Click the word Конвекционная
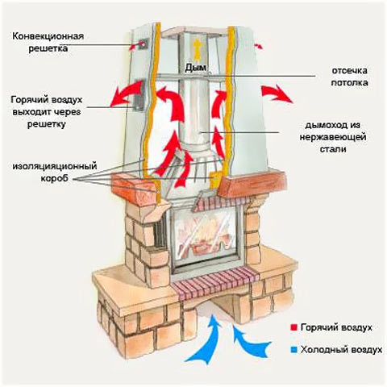pyautogui.click(x=48, y=36)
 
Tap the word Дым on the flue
pyautogui.click(x=195, y=68)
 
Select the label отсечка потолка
pyautogui.click(x=349, y=77)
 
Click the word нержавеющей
pyautogui.click(x=333, y=137)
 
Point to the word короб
pyautogui.click(x=55, y=178)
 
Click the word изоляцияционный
pyautogui.click(x=55, y=166)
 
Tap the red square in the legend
pyautogui.click(x=293, y=327)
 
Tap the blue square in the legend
pyautogui.click(x=294, y=350)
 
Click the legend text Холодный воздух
pyautogui.click(x=342, y=350)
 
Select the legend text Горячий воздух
pyautogui.click(x=336, y=327)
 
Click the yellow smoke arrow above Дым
pyautogui.click(x=198, y=50)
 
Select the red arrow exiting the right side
pyautogui.click(x=277, y=94)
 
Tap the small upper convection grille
pyautogui.click(x=144, y=44)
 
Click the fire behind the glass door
pyautogui.click(x=205, y=236)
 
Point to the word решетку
pyautogui.click(x=47, y=125)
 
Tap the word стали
pyautogui.click(x=333, y=149)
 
